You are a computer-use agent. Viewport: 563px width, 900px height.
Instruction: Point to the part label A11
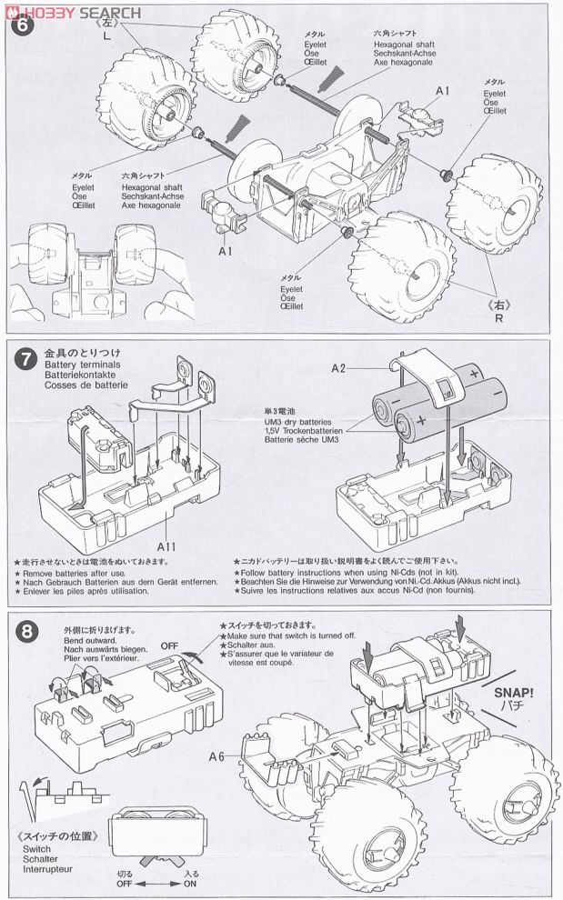click(166, 546)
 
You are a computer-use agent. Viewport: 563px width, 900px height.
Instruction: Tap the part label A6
click(216, 755)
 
